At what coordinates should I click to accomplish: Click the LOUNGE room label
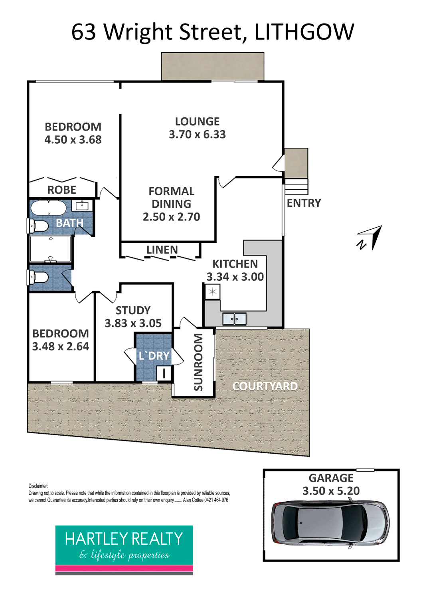click(197, 122)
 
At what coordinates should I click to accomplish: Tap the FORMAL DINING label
click(171, 198)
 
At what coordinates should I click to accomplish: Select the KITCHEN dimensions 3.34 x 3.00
click(235, 277)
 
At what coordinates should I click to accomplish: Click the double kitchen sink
click(234, 319)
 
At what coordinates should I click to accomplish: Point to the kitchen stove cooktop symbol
click(213, 292)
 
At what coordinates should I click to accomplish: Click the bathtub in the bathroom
click(49, 208)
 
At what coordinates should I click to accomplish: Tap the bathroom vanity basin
click(82, 206)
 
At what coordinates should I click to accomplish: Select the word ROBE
click(62, 190)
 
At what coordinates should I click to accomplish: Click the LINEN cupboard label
click(162, 250)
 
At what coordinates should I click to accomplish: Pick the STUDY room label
click(133, 310)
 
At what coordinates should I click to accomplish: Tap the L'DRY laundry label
click(154, 356)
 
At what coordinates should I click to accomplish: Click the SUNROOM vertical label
click(198, 362)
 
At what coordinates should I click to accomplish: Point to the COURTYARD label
click(265, 386)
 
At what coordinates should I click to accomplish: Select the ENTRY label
click(304, 203)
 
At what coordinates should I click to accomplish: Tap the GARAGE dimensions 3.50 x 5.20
click(331, 491)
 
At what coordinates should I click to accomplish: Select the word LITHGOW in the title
click(304, 32)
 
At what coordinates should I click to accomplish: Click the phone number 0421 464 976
click(216, 500)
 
